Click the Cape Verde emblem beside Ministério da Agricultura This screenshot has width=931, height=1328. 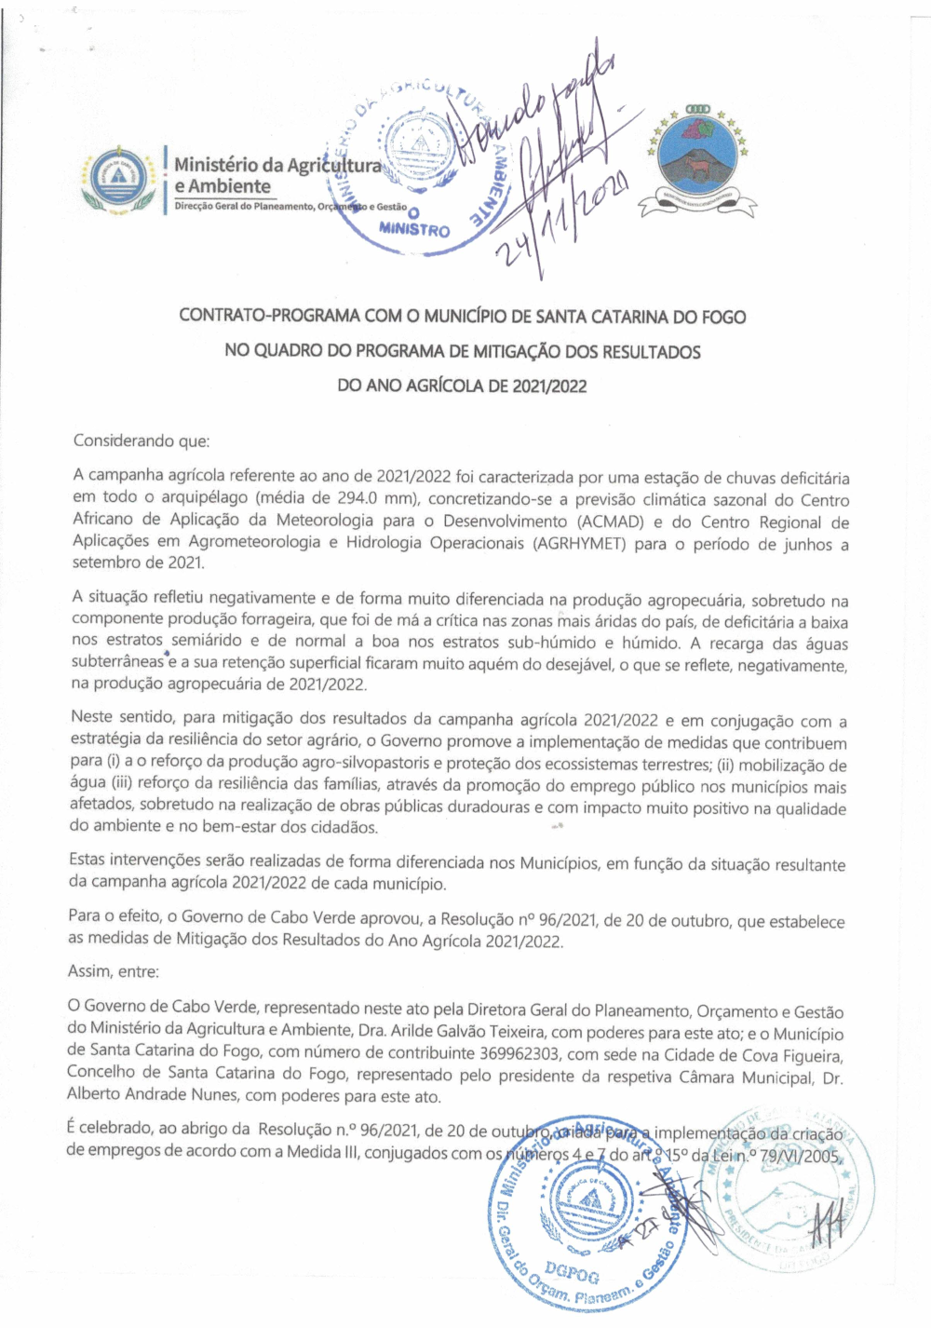pos(116,181)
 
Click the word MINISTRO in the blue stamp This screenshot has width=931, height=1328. pos(414,227)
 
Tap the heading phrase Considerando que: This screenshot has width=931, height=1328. pos(142,440)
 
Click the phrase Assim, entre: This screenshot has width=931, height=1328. pos(114,971)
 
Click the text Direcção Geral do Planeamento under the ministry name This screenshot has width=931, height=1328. pos(244,207)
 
